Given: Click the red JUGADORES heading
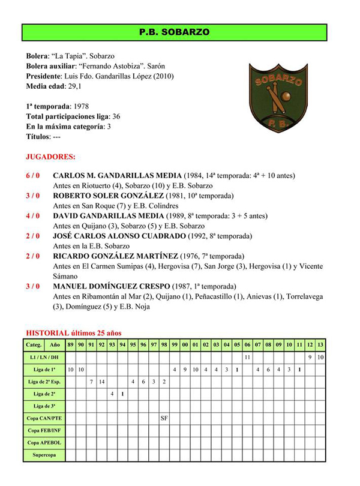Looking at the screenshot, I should pyautogui.click(x=50, y=157).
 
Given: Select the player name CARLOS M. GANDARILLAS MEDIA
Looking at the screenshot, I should pyautogui.click(x=117, y=176).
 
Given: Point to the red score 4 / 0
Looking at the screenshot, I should pyautogui.click(x=33, y=215).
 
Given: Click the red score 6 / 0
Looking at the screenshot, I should pyautogui.click(x=33, y=176).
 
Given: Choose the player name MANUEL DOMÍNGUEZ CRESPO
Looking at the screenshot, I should pyautogui.click(x=111, y=286).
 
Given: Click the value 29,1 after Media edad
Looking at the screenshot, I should pyautogui.click(x=75, y=86).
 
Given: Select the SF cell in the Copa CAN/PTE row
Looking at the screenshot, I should pyautogui.click(x=164, y=417).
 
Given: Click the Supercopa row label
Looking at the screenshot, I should pyautogui.click(x=44, y=455).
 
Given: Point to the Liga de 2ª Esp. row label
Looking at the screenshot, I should pyautogui.click(x=44, y=381).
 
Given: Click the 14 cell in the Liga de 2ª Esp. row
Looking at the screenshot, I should pyautogui.click(x=102, y=381).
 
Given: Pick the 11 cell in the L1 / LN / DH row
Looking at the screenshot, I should pyautogui.click(x=247, y=357).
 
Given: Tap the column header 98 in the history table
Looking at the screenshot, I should pyautogui.click(x=164, y=344).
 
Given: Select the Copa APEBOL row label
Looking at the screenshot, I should pyautogui.click(x=44, y=442).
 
